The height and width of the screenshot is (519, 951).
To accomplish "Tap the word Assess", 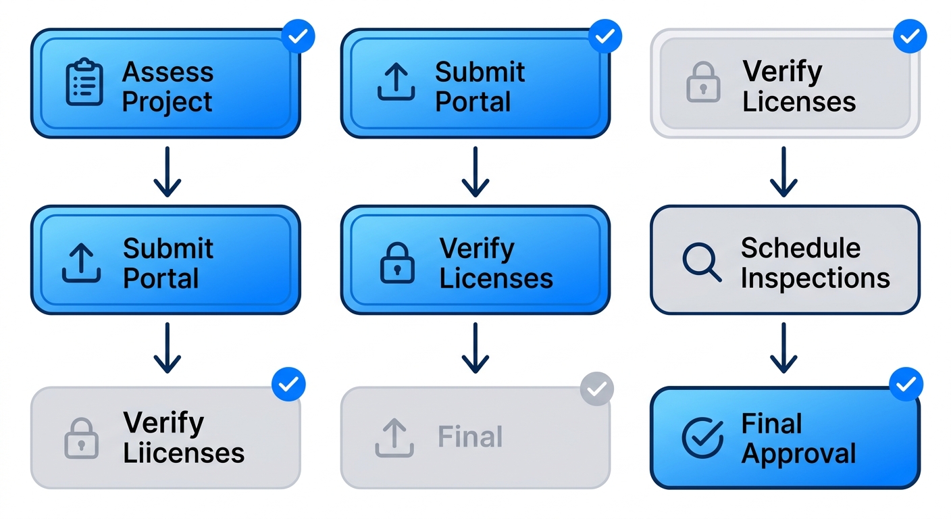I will pos(168,72).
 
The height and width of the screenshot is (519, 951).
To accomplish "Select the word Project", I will pos(167,102).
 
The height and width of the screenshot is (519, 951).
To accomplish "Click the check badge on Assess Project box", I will pos(298,36).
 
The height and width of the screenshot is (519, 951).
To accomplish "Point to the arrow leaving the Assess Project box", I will pos(167,172).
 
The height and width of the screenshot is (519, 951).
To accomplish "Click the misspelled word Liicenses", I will pos(183,453).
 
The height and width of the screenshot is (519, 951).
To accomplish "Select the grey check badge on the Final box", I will pos(597,389).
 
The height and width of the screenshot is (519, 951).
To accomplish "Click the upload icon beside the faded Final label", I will pos(394,437).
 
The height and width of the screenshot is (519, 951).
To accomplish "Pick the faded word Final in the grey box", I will pos(470,437).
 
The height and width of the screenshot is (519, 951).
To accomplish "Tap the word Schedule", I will pos(800,247).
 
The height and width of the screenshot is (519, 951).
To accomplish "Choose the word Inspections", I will pos(815,278).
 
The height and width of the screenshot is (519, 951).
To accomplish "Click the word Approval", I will pos(798,453).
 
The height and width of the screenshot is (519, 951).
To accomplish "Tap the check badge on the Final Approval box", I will pos(906,385).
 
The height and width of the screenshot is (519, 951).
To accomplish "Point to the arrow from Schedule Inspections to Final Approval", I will pos(783,347).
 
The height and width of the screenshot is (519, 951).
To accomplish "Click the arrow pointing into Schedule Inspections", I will pos(783,172).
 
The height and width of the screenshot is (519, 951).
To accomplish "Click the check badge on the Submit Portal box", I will pos(605,36).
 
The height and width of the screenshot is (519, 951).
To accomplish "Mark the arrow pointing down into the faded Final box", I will pos(475,347).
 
